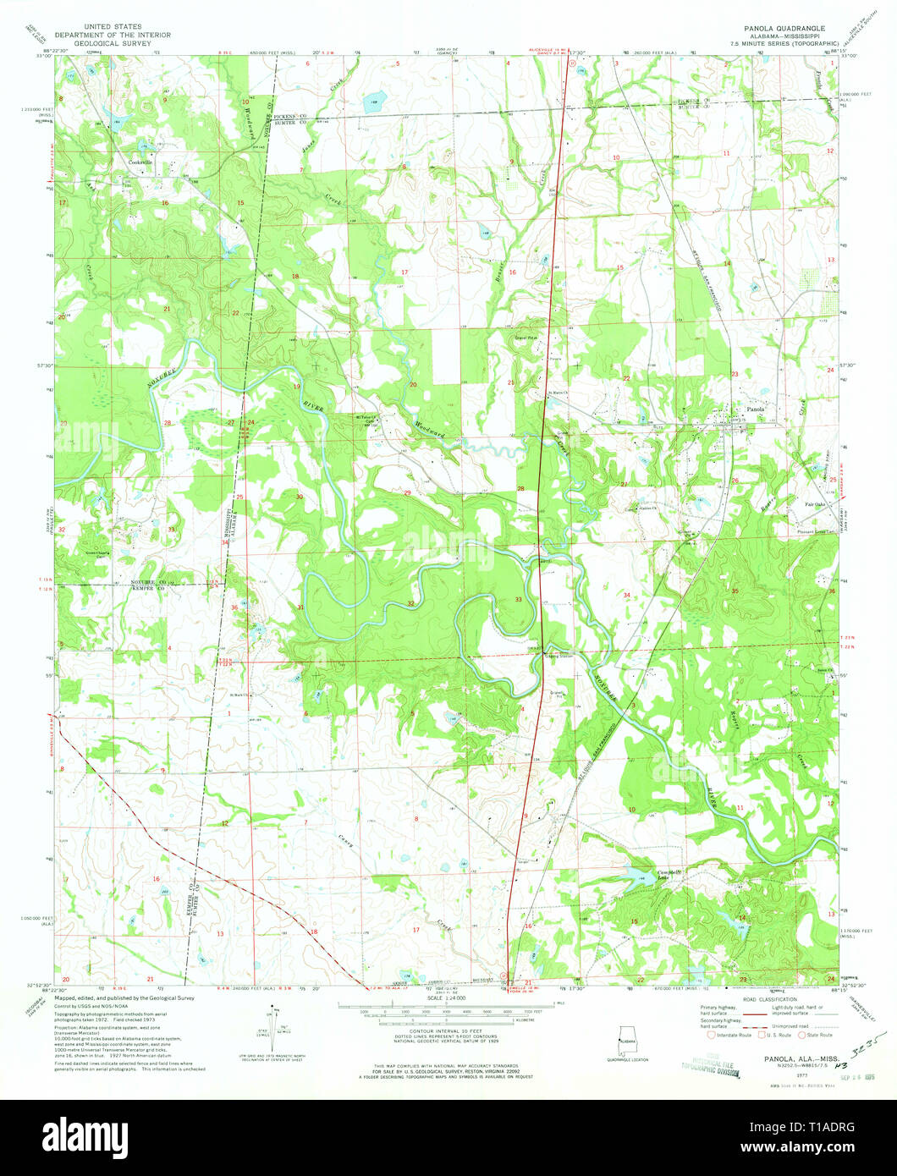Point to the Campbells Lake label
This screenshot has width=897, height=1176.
point(670,875)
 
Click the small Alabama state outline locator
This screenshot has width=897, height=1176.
point(628,1037)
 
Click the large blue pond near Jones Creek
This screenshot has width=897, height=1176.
point(372,104)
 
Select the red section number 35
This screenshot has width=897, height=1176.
point(735,591)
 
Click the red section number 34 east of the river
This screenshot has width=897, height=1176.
point(627,596)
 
